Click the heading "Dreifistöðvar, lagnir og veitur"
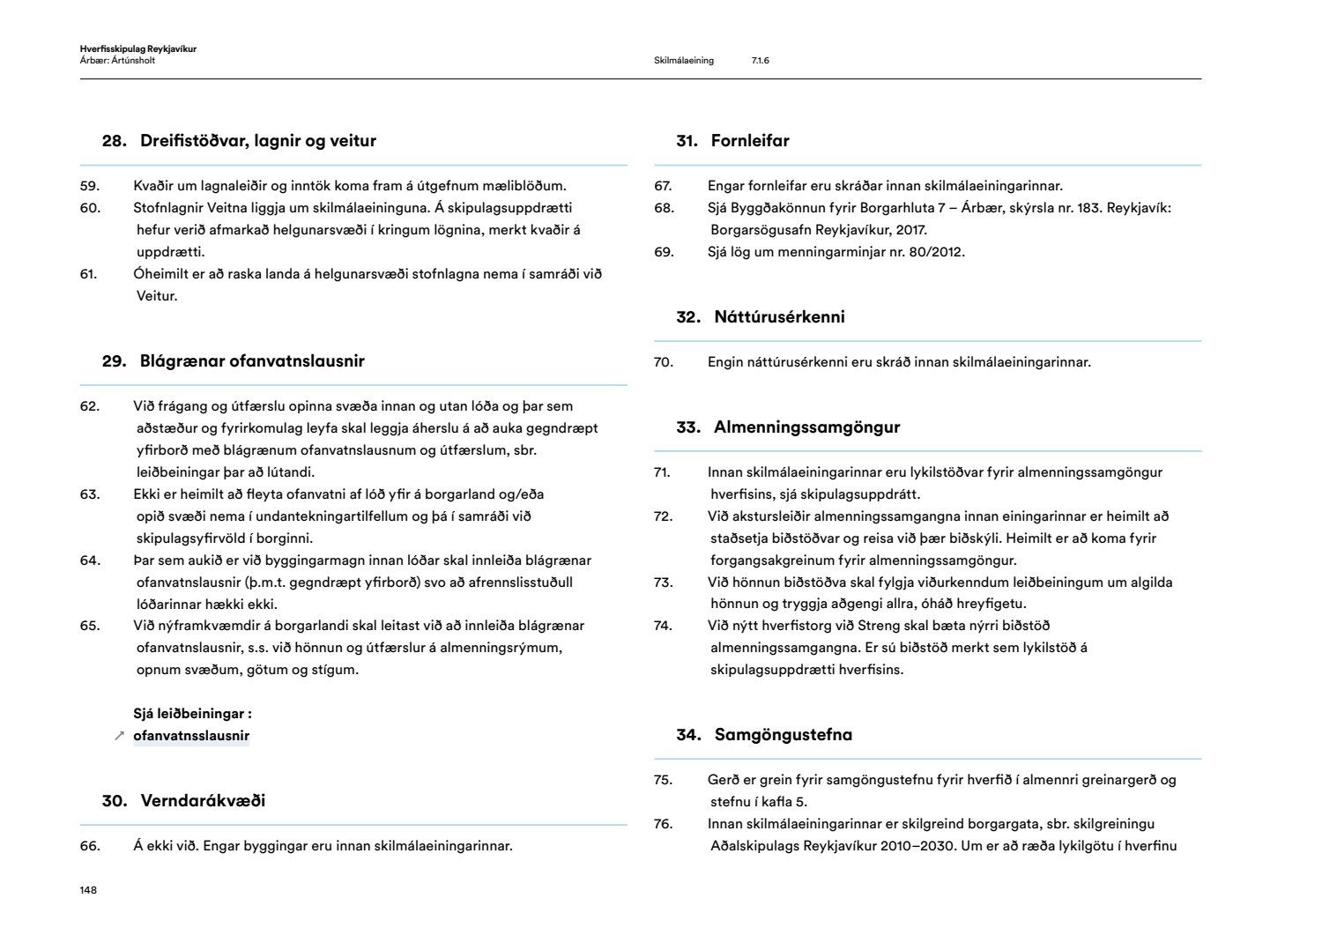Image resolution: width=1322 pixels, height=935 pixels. (257, 141)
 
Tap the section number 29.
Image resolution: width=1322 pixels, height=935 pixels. (114, 361)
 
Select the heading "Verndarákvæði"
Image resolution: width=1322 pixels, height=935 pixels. (203, 801)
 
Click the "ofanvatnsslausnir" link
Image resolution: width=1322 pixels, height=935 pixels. (191, 736)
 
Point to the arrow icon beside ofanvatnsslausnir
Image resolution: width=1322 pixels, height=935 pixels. (119, 736)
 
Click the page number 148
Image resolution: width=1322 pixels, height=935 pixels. (88, 890)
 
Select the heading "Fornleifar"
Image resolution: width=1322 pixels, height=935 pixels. (750, 141)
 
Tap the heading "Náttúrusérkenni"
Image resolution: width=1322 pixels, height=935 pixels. (779, 317)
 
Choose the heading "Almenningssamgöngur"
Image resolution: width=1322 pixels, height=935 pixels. (806, 427)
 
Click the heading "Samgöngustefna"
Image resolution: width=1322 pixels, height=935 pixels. (783, 735)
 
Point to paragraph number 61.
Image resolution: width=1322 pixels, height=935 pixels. (88, 274)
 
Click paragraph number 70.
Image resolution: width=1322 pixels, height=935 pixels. (663, 362)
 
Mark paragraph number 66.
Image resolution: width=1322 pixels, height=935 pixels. (90, 846)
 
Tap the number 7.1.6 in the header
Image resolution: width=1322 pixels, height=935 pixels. (761, 61)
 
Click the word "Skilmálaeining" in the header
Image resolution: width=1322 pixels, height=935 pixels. (684, 61)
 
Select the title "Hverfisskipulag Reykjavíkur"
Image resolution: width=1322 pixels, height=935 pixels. (137, 49)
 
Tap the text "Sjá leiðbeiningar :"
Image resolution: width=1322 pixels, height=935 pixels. (192, 714)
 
